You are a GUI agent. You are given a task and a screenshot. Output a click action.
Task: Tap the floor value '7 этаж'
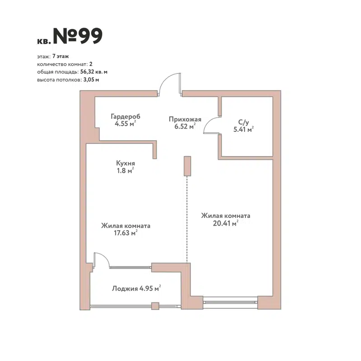coord(60,57)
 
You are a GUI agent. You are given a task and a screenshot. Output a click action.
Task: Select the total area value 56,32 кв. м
coord(94,72)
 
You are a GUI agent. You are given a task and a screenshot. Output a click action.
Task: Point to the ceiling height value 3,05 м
coord(90,79)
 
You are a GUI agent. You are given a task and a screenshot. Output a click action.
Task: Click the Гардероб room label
coord(125,116)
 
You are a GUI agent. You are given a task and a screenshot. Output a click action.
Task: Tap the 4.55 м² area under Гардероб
coord(125,124)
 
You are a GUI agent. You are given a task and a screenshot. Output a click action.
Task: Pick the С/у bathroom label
coord(243,122)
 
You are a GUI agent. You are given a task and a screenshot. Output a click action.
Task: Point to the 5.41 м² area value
coord(243,130)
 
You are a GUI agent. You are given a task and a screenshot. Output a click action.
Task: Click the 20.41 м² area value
coord(226,223)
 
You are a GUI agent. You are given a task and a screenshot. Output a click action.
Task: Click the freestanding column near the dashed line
coord(187,166)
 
